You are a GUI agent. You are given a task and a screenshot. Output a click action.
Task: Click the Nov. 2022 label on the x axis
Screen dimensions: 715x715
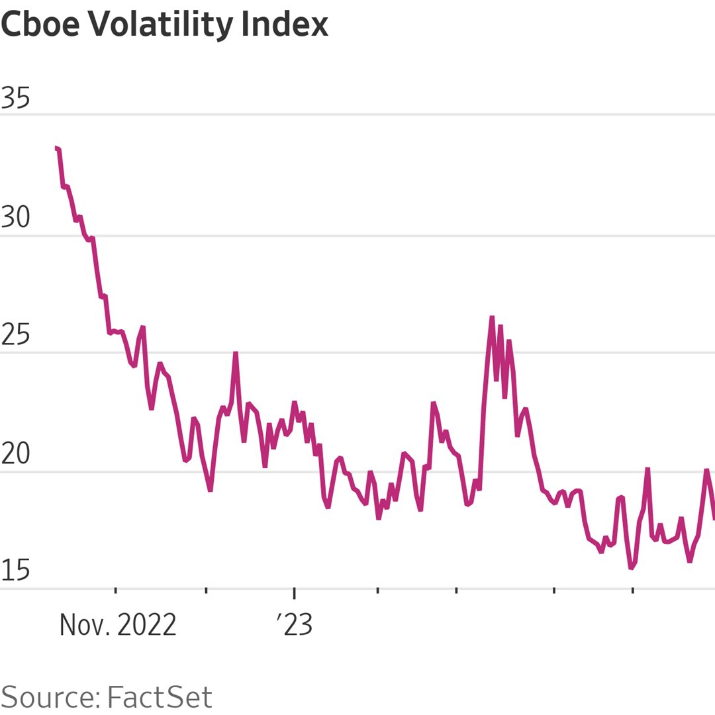pos(118,624)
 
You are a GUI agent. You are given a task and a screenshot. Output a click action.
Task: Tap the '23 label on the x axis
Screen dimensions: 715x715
pos(294,624)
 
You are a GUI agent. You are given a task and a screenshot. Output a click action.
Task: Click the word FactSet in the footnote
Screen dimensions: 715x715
pos(160,697)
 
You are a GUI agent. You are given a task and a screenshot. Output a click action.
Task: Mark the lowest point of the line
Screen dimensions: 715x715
pos(632,567)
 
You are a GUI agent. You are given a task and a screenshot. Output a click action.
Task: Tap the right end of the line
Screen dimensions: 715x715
pos(714,518)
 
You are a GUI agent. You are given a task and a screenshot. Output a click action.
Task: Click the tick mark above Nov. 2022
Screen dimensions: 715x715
pos(116,591)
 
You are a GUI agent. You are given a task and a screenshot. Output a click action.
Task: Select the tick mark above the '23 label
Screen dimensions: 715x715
pos(295,591)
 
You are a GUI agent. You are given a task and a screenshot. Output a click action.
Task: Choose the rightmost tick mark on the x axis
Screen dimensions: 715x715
pos(632,591)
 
